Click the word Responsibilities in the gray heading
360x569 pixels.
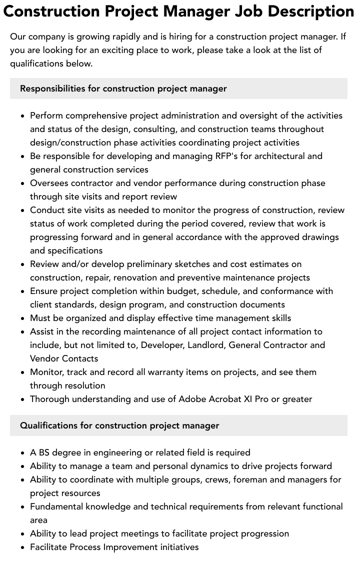click(x=52, y=88)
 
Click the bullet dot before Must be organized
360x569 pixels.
click(x=23, y=318)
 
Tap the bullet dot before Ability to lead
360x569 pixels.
click(x=23, y=534)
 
